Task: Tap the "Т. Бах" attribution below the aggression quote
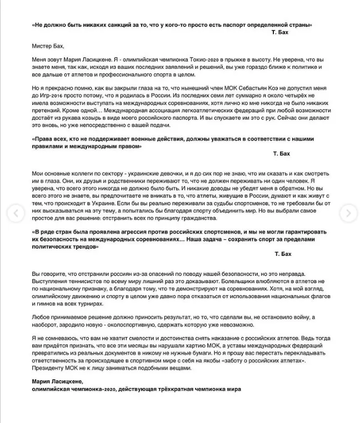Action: [282, 253]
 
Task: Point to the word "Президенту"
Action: [47, 368]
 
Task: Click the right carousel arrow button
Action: [348, 212]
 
